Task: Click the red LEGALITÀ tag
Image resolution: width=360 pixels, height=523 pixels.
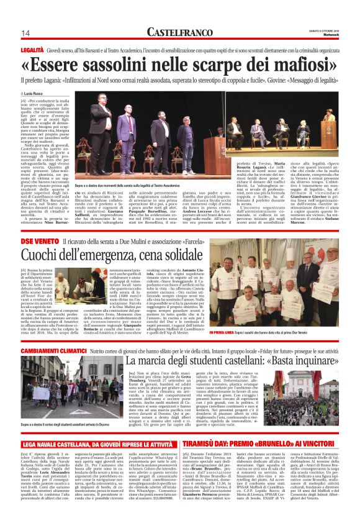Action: [32, 48]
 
